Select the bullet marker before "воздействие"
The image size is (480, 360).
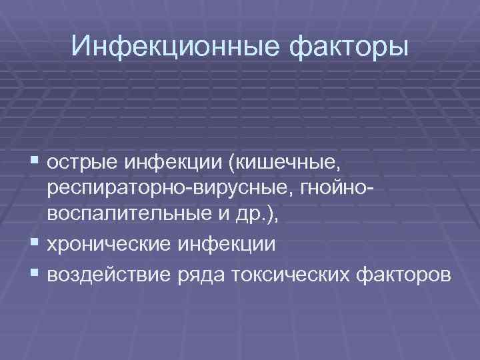35,273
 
